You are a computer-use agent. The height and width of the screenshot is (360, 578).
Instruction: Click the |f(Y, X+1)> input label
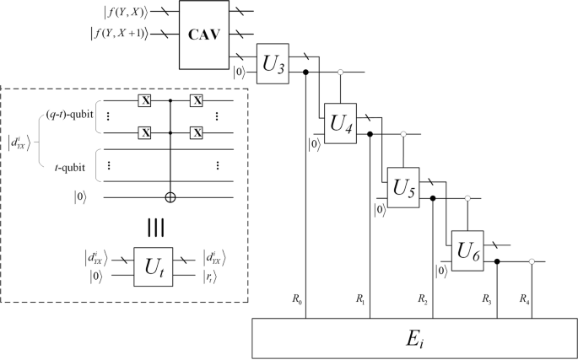pyautogui.click(x=119, y=35)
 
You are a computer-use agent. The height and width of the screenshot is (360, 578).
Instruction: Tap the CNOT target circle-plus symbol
pyautogui.click(x=173, y=199)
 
